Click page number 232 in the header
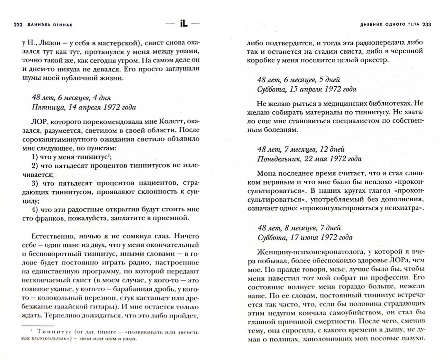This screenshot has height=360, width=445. point(16,24)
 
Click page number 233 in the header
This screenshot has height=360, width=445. point(427,24)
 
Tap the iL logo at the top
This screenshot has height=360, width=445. point(184,24)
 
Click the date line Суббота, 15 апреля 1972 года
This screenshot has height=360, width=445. point(307,89)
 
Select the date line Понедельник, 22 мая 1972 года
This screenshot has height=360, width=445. point(309,159)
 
